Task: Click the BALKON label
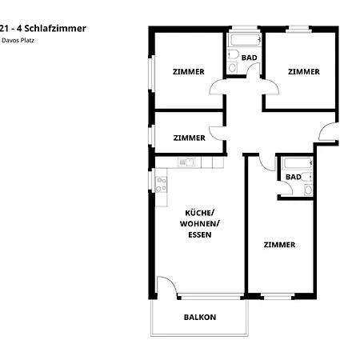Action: click(x=199, y=317)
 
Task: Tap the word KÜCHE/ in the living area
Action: click(x=199, y=212)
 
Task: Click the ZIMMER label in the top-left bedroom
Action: click(x=188, y=72)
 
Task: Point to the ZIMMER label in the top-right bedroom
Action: click(x=303, y=72)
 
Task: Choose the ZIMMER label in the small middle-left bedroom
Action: click(x=189, y=138)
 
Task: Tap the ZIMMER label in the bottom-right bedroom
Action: click(x=279, y=245)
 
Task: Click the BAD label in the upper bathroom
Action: click(x=249, y=58)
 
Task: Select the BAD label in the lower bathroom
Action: click(x=293, y=177)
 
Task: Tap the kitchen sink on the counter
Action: click(x=186, y=162)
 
